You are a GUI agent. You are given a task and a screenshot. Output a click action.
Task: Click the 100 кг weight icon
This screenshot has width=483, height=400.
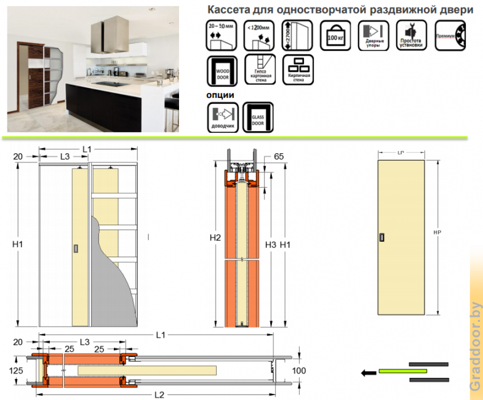click(x=336, y=35)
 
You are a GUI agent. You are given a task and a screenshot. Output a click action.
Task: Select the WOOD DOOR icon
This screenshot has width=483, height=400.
click(x=222, y=70)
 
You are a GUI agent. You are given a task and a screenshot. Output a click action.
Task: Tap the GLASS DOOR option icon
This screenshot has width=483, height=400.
click(x=258, y=117)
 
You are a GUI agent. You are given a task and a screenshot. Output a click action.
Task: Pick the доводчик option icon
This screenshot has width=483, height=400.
click(x=222, y=117)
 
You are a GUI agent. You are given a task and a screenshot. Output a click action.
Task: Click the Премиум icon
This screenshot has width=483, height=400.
click(x=450, y=35)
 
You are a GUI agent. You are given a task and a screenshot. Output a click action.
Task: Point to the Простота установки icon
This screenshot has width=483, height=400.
click(x=412, y=35)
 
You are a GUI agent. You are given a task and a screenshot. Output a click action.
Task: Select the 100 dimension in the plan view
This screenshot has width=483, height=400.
click(x=298, y=370)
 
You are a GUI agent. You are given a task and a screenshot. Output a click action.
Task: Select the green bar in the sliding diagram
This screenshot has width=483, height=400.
click(x=402, y=371)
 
